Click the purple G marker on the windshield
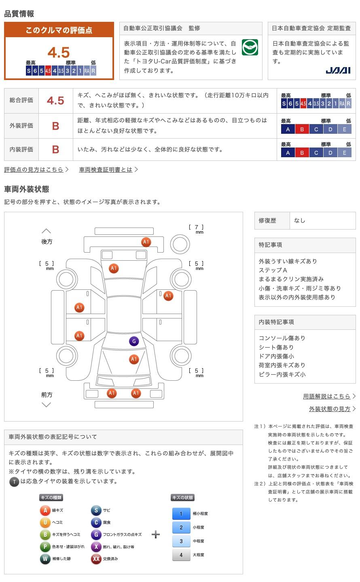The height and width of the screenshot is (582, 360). (134, 341)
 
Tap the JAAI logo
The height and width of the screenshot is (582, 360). (338, 70)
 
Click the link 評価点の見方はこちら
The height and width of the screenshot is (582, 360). (34, 170)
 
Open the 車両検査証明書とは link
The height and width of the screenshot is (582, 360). (106, 170)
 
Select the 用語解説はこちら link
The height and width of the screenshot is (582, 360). (326, 396)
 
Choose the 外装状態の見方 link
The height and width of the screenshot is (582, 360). (330, 409)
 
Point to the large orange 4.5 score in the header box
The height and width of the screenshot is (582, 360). (59, 53)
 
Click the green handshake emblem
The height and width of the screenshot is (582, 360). (250, 47)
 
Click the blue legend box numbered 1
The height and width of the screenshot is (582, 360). (181, 514)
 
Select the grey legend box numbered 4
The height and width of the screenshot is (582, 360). (181, 555)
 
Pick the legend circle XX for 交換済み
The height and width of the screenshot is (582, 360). (96, 559)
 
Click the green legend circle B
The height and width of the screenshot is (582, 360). (45, 535)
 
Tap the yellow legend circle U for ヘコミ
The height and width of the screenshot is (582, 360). (45, 523)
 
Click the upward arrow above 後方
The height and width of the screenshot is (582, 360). (47, 231)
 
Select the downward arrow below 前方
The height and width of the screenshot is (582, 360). (47, 405)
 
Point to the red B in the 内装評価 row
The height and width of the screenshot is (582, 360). (55, 150)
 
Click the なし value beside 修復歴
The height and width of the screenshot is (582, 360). (300, 221)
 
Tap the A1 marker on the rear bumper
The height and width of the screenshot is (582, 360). (146, 242)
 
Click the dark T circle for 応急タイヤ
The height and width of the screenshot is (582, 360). (14, 482)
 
